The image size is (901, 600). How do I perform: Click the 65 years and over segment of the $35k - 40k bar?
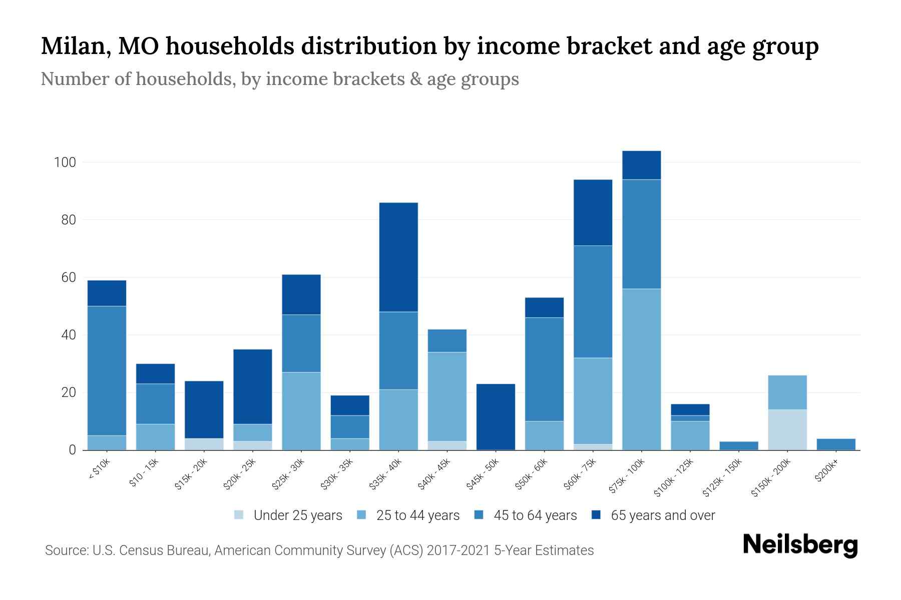[398, 257]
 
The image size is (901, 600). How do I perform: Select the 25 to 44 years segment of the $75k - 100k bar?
[641, 369]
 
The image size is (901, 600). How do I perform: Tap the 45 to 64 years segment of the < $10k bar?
[107, 370]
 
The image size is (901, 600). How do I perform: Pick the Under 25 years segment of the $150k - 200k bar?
[787, 429]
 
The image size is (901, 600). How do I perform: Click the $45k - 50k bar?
[496, 416]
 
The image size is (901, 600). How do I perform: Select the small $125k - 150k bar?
[739, 445]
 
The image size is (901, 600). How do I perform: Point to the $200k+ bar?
[836, 444]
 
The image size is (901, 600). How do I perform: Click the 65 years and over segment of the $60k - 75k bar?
[593, 212]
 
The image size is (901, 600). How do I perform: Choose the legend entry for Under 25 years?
[289, 515]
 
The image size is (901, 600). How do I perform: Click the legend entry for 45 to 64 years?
[526, 515]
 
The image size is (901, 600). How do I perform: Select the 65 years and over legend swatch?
[597, 515]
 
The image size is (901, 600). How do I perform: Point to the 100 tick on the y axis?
[65, 162]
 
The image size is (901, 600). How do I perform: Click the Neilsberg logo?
[800, 545]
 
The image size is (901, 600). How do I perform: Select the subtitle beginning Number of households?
[279, 79]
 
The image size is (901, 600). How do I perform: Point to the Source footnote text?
[319, 550]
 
